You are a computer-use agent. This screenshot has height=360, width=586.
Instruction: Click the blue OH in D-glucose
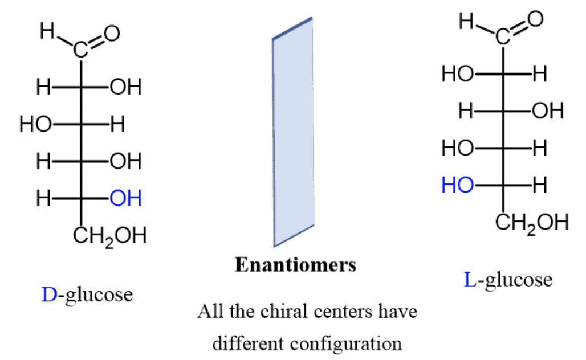point(125,198)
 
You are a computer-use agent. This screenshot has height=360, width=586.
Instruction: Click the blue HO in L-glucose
point(457,185)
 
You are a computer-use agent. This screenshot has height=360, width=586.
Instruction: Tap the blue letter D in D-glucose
point(48,294)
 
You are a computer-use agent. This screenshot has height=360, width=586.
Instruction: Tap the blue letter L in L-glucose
point(470,280)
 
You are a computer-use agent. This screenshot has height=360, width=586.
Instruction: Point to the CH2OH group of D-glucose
point(109,235)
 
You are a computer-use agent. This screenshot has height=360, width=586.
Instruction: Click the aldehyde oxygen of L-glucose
point(534,21)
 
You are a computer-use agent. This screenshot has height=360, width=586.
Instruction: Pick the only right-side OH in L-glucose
point(547,111)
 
